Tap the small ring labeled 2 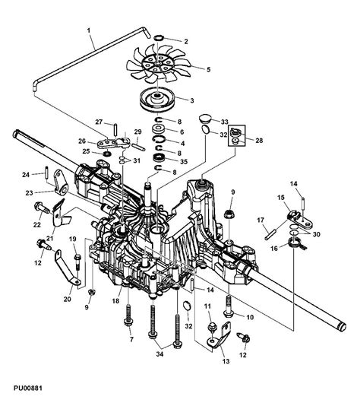(x=161, y=38)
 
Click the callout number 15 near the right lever (x=281, y=198)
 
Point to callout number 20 (x=68, y=299)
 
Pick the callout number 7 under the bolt (x=131, y=340)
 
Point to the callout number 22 (x=36, y=224)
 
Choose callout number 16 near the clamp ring (x=274, y=248)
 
